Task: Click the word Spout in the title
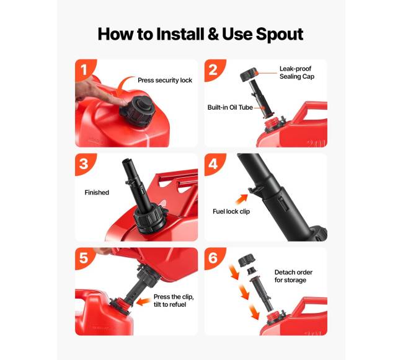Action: (x=280, y=34)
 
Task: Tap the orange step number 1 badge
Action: (x=85, y=69)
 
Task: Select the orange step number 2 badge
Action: (x=214, y=69)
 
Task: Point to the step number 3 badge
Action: (x=85, y=164)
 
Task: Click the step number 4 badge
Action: (x=214, y=164)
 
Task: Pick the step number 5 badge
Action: (x=85, y=258)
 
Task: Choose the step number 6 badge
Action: (x=214, y=258)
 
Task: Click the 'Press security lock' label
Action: (x=165, y=81)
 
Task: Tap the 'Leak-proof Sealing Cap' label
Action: (x=297, y=72)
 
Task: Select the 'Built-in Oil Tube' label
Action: (x=230, y=107)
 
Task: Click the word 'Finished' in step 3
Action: (x=97, y=192)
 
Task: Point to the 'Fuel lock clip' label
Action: (x=231, y=211)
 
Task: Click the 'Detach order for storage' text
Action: (x=293, y=276)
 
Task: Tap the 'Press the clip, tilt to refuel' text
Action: (x=174, y=301)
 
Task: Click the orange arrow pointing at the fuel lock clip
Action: (x=241, y=200)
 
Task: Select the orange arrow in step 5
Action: (x=143, y=302)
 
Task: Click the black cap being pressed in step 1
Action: (x=138, y=111)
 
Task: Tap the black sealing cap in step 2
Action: (x=249, y=75)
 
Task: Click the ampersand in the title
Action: (x=213, y=34)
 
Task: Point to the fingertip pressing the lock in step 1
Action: (x=123, y=101)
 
